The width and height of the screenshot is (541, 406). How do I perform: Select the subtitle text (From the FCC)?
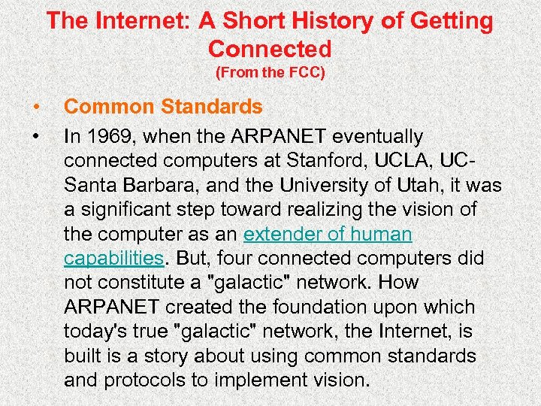pyautogui.click(x=270, y=74)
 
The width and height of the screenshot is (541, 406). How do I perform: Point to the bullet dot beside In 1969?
pyautogui.click(x=35, y=138)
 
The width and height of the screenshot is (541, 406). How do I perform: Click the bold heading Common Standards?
pyautogui.click(x=163, y=108)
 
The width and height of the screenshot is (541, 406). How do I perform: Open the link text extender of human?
pyautogui.click(x=328, y=235)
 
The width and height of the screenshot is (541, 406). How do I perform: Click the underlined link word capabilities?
pyautogui.click(x=113, y=259)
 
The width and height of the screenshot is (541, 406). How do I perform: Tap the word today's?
pyautogui.click(x=95, y=332)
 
